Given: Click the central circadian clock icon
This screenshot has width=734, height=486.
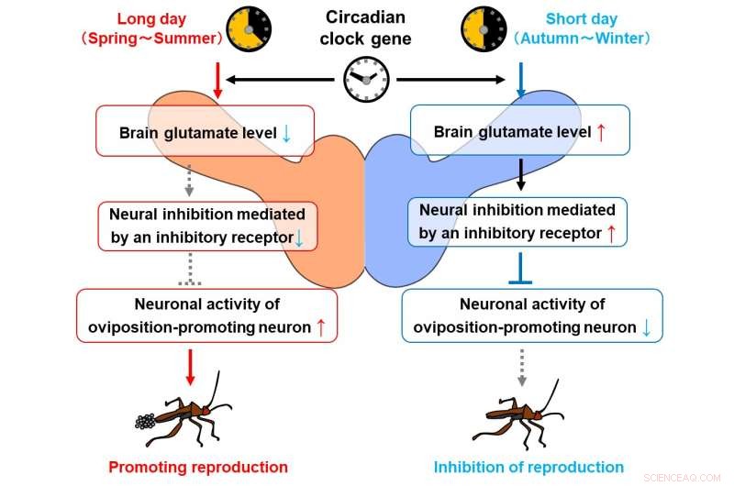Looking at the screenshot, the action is coord(366,80).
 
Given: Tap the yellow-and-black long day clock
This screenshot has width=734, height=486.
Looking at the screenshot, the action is coord(249,29).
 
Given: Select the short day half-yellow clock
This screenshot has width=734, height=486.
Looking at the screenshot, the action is coord(484,29).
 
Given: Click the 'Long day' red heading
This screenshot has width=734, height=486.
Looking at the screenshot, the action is coord(151,18).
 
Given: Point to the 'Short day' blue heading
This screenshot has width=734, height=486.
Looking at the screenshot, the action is coord(582,18).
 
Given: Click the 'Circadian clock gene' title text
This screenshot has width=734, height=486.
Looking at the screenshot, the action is coord(365,28).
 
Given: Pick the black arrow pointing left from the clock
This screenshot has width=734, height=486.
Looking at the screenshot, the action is coord(281,80).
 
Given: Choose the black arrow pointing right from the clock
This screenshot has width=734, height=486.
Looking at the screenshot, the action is coord(450,80).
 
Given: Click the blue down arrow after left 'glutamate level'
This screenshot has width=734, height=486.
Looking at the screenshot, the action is coord(286,133).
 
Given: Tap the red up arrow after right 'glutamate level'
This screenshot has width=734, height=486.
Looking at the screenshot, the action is coord(601,132).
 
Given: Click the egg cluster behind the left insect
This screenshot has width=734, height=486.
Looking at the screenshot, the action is coord(145,422).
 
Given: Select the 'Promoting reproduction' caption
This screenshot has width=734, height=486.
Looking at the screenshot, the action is coord(198,467).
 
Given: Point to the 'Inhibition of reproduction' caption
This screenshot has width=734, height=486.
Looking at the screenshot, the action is coord(528,467).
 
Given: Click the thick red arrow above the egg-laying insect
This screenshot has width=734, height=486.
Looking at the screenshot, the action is coord(190,367).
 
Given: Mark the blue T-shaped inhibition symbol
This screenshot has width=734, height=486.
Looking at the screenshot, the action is coord(520,269).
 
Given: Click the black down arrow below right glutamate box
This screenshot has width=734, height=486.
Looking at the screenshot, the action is coord(520,174).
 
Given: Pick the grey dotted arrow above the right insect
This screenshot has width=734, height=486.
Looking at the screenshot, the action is coord(522,367).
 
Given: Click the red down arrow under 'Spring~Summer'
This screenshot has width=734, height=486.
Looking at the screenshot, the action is coord(217,81).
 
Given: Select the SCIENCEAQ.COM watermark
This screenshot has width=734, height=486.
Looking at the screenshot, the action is coord(682,478).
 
